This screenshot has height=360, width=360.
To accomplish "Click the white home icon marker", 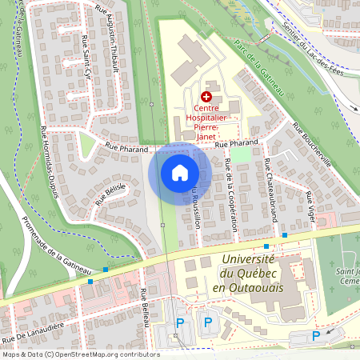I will pos(180,172).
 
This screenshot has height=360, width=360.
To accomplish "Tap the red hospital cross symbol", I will pos(206,96).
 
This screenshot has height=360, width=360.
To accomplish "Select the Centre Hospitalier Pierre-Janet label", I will pos(206,118).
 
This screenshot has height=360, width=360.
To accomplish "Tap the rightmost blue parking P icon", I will pos(316,335).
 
